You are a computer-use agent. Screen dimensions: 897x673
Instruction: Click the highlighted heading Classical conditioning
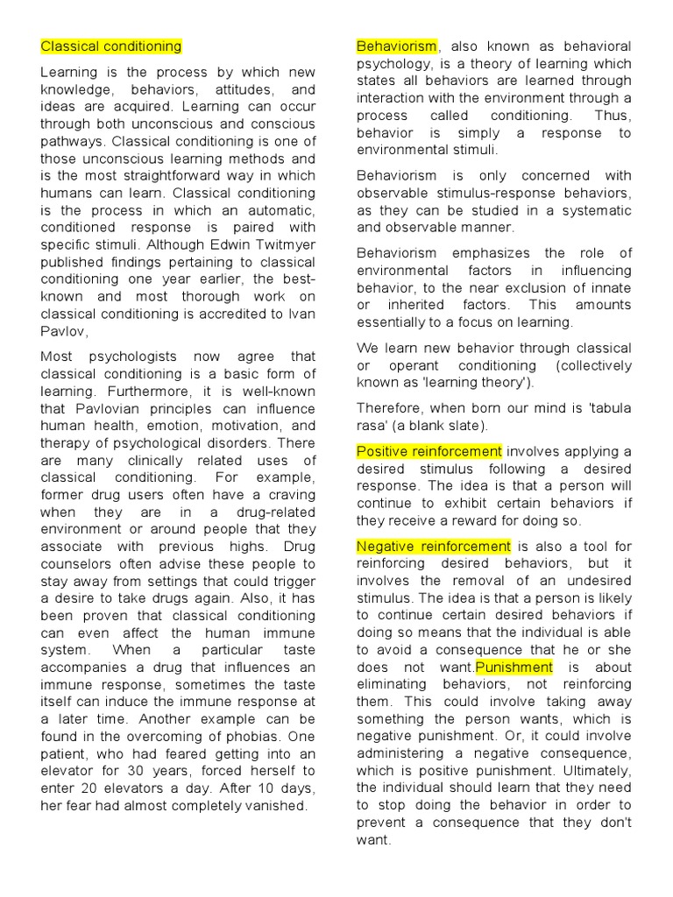(x=111, y=46)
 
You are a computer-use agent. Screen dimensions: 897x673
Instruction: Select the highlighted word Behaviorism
(x=396, y=46)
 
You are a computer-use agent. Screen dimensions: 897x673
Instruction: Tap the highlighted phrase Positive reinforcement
(x=429, y=451)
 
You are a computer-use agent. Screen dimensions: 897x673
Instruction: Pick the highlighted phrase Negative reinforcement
(x=433, y=546)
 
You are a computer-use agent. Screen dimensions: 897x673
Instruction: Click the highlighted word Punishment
(x=514, y=667)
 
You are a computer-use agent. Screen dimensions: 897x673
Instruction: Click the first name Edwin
(x=216, y=244)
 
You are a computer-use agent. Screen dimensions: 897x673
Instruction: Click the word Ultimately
(x=595, y=771)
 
